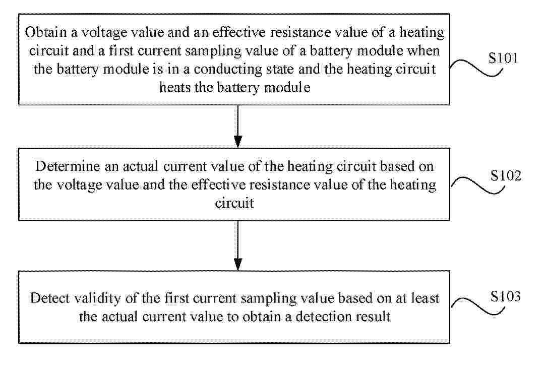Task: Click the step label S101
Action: coord(503,58)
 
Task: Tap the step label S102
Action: coord(506,175)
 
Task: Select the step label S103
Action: coord(506,296)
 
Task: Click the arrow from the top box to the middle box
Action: coord(238,127)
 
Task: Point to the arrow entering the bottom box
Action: coord(238,246)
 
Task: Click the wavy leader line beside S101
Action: coord(476,67)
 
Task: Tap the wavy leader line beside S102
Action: coord(478,185)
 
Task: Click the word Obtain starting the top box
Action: coord(46,32)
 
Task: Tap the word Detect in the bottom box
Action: coord(50,298)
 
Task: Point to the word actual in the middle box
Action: coord(141,166)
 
